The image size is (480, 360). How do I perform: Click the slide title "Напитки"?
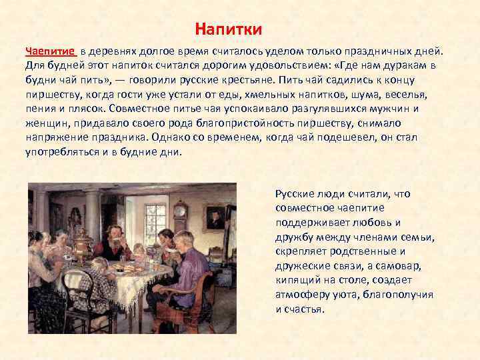tap(229, 29)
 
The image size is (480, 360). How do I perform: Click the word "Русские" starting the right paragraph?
tap(294, 193)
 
